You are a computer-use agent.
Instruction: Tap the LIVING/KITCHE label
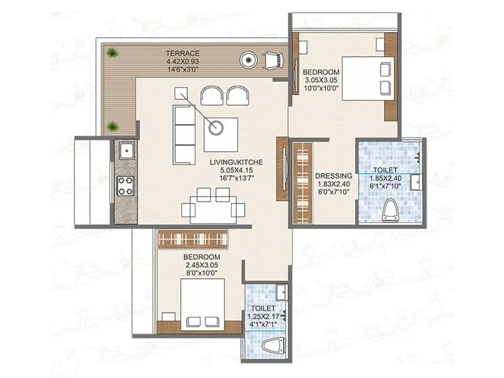click(236, 162)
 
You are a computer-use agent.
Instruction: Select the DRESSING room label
click(331, 176)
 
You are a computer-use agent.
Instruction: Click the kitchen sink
click(126, 151)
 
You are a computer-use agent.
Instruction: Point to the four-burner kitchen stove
click(126, 185)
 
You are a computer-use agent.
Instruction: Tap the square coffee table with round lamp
click(220, 134)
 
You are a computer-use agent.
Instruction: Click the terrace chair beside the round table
click(273, 61)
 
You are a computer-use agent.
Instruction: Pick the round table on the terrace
click(248, 61)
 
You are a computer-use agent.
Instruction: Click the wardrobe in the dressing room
click(303, 183)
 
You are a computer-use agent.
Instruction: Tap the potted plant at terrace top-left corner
click(112, 52)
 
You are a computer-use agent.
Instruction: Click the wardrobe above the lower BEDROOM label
click(193, 239)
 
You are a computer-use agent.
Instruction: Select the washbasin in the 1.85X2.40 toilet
click(415, 183)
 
